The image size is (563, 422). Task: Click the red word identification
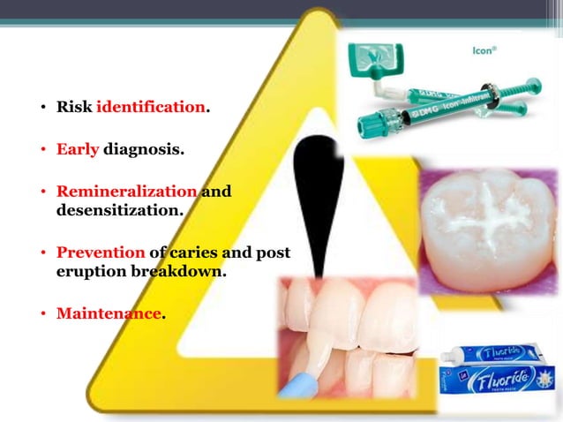tap(150, 108)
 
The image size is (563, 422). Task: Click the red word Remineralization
tap(126, 192)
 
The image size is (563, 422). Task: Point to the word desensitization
tap(120, 211)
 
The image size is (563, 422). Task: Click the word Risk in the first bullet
tap(74, 108)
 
